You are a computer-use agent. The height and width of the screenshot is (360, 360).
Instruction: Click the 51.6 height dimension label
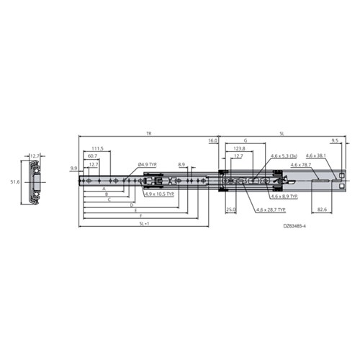[x=12, y=183]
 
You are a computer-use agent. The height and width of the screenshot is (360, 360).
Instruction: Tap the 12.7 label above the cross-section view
[x=35, y=155]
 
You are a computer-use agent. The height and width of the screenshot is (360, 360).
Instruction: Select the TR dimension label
[x=148, y=134]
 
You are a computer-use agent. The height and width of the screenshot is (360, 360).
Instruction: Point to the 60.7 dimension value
[x=92, y=156]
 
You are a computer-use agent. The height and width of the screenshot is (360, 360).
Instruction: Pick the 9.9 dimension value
[x=73, y=168]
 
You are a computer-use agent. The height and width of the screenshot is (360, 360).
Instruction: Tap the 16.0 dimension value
[x=212, y=140]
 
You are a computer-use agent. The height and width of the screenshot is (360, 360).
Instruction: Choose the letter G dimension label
[x=245, y=140]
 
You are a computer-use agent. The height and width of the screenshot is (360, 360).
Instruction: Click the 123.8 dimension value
[x=240, y=148]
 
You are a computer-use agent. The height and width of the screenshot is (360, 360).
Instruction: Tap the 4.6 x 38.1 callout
[x=315, y=156]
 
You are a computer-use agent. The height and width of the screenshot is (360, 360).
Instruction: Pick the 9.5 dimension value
[x=335, y=140]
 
